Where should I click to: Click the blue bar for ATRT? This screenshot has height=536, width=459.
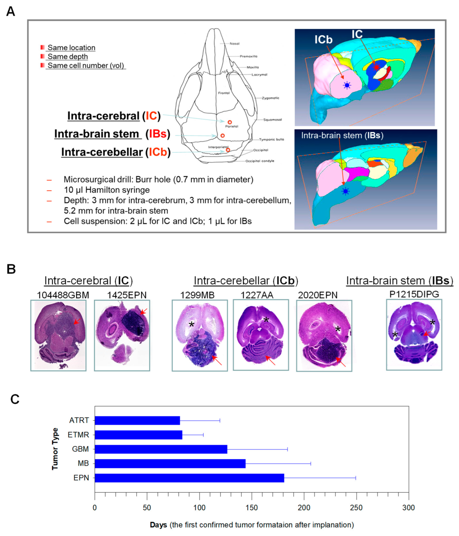tap(137, 420)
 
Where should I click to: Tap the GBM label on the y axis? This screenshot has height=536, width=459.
tap(80, 449)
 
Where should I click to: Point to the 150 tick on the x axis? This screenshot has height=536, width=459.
tap(251, 508)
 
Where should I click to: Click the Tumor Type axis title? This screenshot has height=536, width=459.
tap(55, 449)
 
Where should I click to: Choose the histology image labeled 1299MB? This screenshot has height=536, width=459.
tap(200, 335)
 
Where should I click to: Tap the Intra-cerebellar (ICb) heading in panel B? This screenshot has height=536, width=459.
tap(246, 281)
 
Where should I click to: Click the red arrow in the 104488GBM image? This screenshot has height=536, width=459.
tap(76, 321)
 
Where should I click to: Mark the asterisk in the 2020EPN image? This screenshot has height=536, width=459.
tap(338, 329)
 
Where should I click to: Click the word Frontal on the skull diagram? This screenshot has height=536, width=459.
tap(224, 93)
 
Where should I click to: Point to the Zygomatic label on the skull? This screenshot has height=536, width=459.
tap(270, 98)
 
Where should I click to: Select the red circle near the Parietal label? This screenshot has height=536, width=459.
tap(230, 122)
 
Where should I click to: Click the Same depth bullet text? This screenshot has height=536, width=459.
tap(68, 56)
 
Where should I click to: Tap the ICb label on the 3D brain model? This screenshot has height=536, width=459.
tap(323, 39)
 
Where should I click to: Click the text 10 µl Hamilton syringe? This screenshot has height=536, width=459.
tap(107, 190)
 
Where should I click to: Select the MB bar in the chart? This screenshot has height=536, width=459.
tap(170, 464)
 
